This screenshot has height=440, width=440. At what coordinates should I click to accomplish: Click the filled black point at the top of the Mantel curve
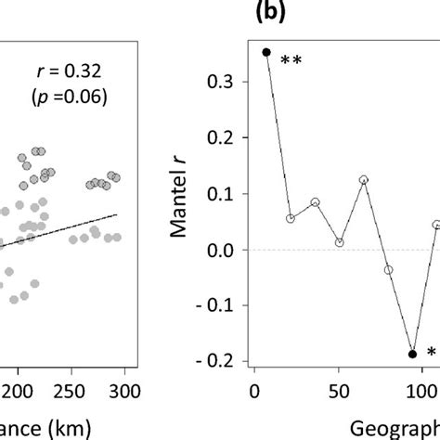pos(266,53)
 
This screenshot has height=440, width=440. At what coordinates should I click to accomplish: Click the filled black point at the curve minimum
pos(412,354)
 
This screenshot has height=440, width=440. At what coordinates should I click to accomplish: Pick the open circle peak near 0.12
pos(364,180)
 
